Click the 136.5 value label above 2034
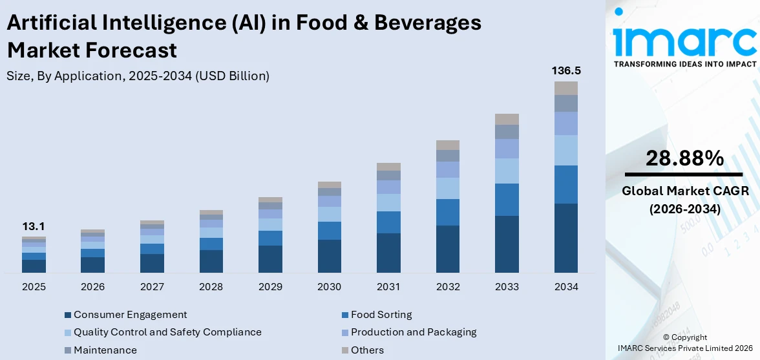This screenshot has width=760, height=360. click(x=565, y=70)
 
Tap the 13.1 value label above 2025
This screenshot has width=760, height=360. click(x=33, y=226)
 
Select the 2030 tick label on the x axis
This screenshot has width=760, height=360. click(x=329, y=286)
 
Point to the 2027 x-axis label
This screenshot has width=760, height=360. click(x=152, y=286)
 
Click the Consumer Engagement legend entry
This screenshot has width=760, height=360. click(x=130, y=315)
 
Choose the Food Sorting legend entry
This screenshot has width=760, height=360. click(x=381, y=315)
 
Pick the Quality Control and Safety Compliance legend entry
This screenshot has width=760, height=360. click(x=167, y=332)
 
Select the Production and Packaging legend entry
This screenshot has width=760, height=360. click(x=413, y=332)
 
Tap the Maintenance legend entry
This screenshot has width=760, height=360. click(x=105, y=350)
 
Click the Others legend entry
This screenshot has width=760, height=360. click(x=367, y=350)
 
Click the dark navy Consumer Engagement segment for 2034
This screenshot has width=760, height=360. click(x=565, y=238)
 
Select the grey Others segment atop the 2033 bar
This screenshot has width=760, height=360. click(x=507, y=119)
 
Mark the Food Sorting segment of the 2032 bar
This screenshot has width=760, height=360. click(x=447, y=212)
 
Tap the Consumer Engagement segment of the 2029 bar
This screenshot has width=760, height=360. click(x=270, y=259)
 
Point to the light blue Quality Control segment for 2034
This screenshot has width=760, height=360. click(x=565, y=150)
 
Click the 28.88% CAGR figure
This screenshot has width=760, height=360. click(x=683, y=158)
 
